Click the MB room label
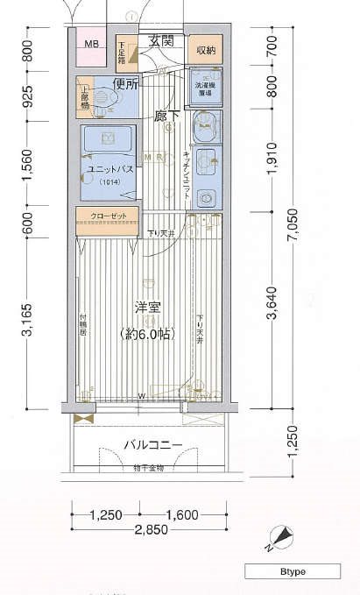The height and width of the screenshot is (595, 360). pyautogui.click(x=91, y=44)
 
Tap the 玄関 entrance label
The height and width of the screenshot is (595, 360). pyautogui.click(x=160, y=40)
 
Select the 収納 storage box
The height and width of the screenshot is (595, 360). pyautogui.click(x=205, y=49)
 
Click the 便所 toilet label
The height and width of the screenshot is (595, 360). pyautogui.click(x=126, y=84)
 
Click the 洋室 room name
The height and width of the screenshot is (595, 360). pyautogui.click(x=146, y=308)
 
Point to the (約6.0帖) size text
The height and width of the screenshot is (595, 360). pyautogui.click(x=146, y=333)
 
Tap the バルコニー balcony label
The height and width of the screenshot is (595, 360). pyautogui.click(x=152, y=445)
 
